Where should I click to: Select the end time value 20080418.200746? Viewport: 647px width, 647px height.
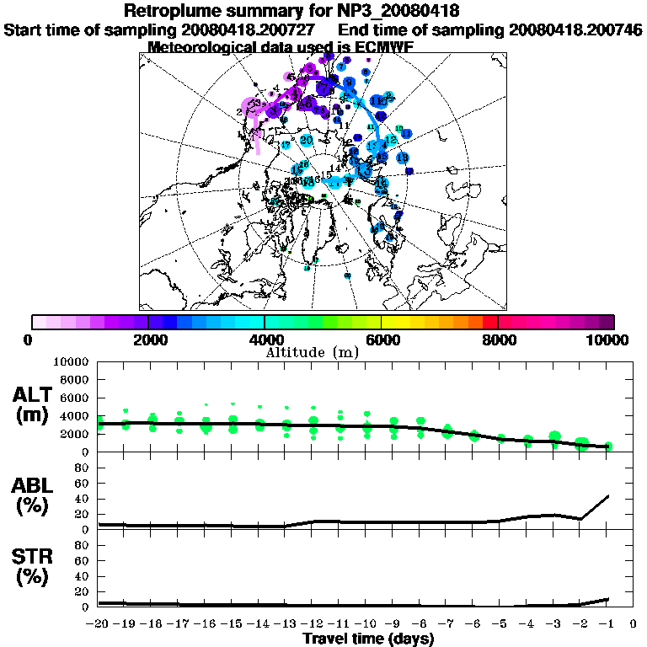click(576, 29)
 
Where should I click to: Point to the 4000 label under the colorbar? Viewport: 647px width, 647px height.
click(265, 340)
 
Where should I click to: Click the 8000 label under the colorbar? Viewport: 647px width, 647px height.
click(498, 340)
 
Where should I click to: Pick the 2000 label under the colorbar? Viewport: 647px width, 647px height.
click(148, 340)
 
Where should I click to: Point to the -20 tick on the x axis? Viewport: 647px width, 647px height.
click(99, 624)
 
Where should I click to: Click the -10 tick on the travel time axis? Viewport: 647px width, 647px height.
click(366, 624)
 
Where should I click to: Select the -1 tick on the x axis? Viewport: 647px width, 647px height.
click(607, 624)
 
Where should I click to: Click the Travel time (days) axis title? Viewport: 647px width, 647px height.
click(367, 639)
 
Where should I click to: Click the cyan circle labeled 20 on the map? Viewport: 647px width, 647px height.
click(307, 140)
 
